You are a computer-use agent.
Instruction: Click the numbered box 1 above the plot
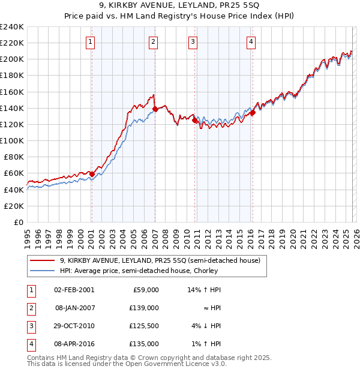[x=89, y=41]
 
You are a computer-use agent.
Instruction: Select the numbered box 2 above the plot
[x=154, y=41]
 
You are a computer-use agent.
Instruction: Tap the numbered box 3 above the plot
[x=193, y=41]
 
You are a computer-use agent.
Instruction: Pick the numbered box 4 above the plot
[x=250, y=41]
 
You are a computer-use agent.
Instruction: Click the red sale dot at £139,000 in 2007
[x=155, y=109]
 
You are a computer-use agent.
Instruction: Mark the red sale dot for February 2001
[x=92, y=174]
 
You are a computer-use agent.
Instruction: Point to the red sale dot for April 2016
[x=253, y=112]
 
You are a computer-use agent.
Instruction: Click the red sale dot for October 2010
[x=195, y=120]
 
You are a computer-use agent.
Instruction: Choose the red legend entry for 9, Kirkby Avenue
[x=160, y=261]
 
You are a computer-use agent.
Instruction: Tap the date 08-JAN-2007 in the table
[x=74, y=308]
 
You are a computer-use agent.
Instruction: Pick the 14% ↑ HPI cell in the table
[x=205, y=290]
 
